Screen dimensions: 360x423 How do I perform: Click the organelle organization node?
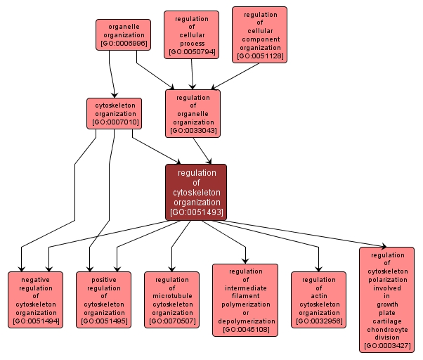123,34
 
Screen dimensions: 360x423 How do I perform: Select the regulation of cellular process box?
192,34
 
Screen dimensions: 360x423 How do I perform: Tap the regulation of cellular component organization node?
259,34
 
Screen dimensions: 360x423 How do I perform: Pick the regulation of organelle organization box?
193,113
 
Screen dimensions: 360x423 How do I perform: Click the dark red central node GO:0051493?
196,192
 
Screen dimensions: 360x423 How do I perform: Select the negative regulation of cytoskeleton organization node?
35,300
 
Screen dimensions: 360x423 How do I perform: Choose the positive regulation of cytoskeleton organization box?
103,300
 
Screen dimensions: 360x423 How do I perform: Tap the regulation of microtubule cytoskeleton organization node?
171,300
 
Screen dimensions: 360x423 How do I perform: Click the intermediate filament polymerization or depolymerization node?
245,300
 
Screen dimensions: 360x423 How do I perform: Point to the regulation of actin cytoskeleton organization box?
319,300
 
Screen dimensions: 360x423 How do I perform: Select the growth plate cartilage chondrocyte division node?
386,299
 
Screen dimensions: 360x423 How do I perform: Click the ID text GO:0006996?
123,43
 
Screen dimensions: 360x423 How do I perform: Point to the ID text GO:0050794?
192,52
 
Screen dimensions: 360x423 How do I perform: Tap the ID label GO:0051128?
259,56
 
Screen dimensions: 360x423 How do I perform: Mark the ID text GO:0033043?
193,131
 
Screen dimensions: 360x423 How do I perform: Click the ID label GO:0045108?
245,330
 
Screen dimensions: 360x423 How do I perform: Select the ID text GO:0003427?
386,346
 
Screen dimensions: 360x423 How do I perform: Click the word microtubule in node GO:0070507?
171,296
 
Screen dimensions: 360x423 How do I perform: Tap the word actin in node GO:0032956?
319,296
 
